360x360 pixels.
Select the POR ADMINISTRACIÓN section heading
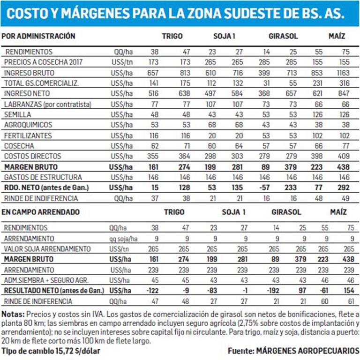38,36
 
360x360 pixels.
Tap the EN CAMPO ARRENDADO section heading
40,212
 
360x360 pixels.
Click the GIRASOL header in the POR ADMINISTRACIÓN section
283,36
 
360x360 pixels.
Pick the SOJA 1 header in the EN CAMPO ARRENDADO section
234,212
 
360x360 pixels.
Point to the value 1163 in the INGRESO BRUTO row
343,73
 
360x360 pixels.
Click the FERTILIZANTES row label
28,135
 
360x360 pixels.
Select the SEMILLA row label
17,114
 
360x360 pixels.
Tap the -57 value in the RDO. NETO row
264,187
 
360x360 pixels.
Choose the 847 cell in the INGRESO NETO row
344,93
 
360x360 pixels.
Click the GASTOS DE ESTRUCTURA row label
43,177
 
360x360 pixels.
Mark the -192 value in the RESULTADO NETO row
273,291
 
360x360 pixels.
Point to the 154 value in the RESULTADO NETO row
349,291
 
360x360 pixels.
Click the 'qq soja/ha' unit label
123,239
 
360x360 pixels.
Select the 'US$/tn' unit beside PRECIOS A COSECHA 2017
122,62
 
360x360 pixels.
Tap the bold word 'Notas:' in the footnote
13,315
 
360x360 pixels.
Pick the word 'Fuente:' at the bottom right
241,351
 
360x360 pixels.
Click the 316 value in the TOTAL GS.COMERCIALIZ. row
345,83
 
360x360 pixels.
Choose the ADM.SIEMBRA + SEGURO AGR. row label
46,280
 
